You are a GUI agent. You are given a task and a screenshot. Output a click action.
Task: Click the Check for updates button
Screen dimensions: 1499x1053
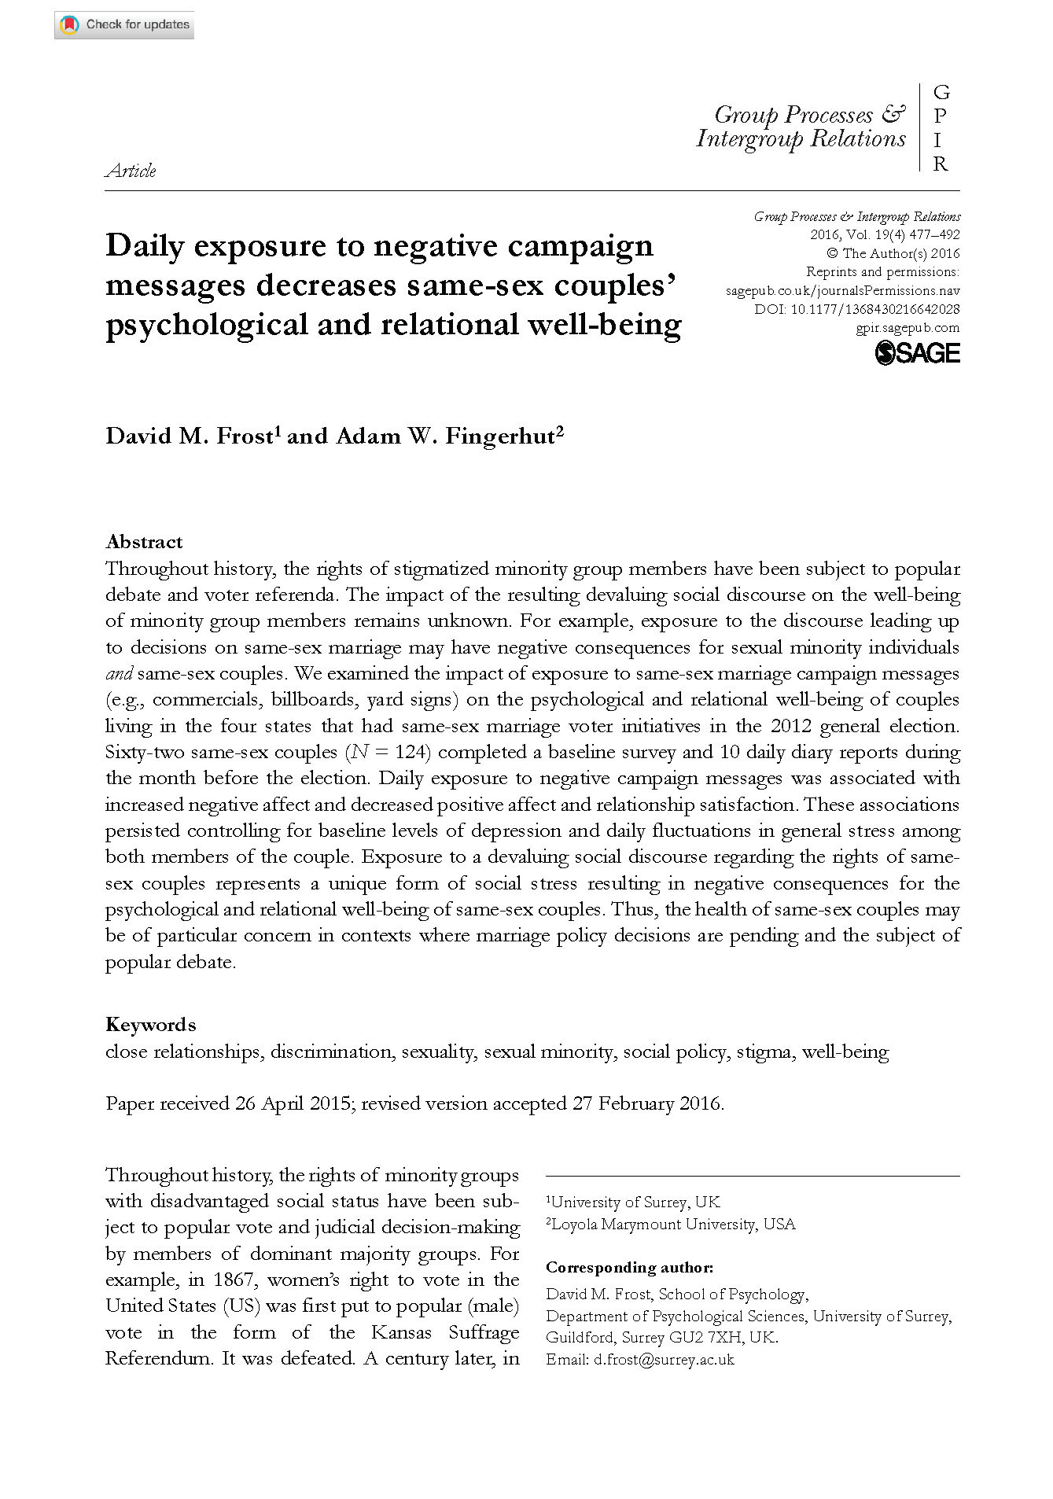pos(124,25)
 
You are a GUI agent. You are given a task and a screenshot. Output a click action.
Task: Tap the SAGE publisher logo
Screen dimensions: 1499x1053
pos(917,353)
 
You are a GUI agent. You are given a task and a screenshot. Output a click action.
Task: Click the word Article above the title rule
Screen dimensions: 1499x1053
pos(131,171)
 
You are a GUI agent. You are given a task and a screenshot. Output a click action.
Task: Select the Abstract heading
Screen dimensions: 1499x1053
pos(144,542)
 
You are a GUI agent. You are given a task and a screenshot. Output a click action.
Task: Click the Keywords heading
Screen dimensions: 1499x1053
pos(151,1025)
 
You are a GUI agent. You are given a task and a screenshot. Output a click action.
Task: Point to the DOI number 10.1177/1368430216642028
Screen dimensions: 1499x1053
pos(874,309)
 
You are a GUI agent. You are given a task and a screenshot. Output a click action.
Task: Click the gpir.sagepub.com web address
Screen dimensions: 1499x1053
pos(908,328)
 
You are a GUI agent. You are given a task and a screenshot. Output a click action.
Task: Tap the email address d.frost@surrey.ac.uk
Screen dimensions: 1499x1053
pos(664,1360)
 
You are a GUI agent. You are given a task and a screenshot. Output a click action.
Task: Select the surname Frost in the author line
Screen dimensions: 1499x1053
pos(244,436)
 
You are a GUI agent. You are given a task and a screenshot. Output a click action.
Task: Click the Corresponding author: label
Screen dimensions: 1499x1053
pos(629,1268)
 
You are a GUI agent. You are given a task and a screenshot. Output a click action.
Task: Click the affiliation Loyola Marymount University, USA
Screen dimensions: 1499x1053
pos(673,1224)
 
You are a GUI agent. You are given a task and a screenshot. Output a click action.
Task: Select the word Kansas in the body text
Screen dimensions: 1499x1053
pos(401,1332)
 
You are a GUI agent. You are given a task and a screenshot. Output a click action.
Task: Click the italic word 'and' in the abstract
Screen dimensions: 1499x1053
pos(119,674)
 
